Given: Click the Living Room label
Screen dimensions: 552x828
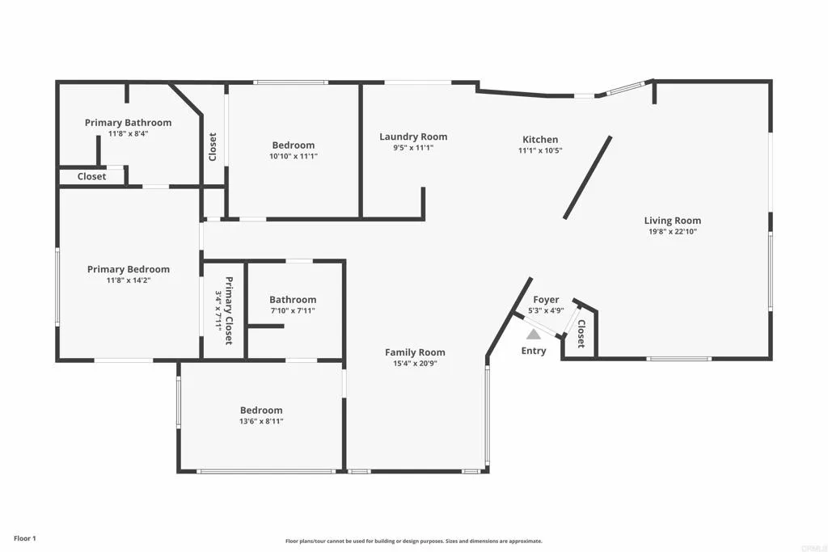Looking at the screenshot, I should [672, 221].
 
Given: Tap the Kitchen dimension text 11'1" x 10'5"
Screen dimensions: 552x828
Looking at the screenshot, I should [539, 150].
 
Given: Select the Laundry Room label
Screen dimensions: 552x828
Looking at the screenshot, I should [413, 137].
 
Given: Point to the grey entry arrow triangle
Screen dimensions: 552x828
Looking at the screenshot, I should [534, 333].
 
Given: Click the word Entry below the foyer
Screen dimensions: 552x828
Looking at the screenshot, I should [534, 351].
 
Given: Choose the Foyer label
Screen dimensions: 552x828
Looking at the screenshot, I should [546, 300].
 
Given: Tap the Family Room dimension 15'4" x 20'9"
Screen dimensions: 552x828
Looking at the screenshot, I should [415, 363].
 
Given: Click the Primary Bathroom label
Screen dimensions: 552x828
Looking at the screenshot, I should [128, 123].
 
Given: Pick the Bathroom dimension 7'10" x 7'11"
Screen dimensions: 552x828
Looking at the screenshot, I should [293, 310].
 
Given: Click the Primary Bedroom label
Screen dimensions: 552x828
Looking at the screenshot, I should [129, 269].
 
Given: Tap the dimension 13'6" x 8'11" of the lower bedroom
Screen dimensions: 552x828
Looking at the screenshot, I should [261, 421].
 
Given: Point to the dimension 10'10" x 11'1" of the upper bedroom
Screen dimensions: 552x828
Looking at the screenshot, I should [294, 156].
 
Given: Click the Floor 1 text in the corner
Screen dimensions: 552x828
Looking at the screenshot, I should [25, 537].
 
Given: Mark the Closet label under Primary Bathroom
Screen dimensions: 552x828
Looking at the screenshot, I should [91, 176].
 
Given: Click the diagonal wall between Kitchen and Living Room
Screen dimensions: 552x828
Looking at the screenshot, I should [588, 177].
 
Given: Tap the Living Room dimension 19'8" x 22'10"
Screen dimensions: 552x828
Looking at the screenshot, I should [672, 232].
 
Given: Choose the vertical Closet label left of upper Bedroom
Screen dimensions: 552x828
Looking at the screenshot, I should [213, 146].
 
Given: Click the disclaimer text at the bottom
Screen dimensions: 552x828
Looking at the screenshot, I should [413, 541].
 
